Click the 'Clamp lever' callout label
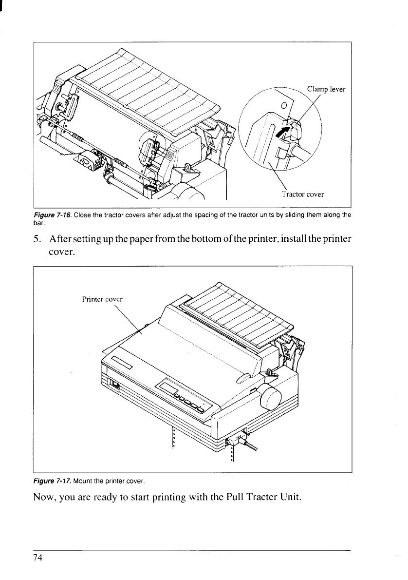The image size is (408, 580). (x=326, y=90)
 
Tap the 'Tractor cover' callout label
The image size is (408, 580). (x=302, y=194)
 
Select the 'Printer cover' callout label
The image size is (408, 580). (x=102, y=299)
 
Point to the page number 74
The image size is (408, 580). (x=38, y=559)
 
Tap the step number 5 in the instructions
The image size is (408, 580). (x=36, y=239)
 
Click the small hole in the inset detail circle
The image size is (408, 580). (x=284, y=106)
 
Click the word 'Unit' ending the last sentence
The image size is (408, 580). (x=291, y=496)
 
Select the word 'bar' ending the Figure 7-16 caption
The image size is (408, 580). (x=38, y=224)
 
